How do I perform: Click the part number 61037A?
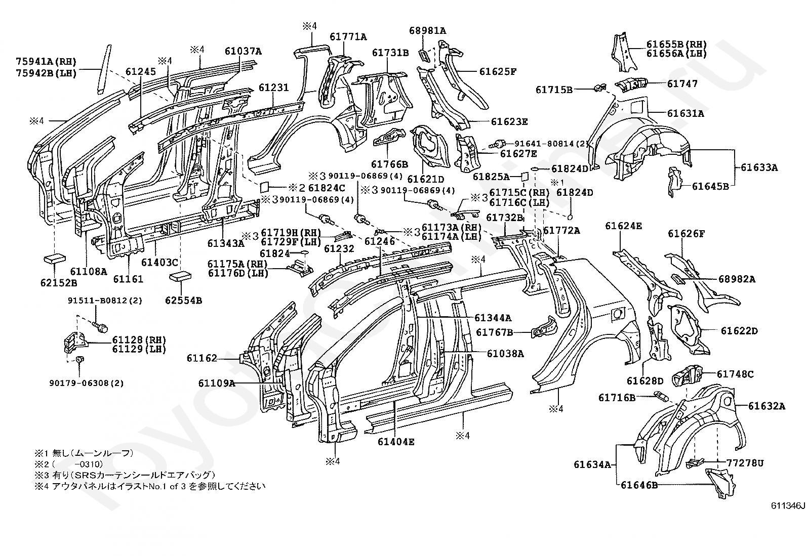click(243, 52)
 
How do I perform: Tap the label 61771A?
click(348, 37)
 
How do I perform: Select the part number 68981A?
click(427, 30)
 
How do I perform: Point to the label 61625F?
click(498, 71)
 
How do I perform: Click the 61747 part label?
click(682, 83)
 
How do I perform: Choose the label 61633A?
click(759, 167)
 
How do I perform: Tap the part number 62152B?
click(59, 283)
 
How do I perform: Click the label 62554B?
click(183, 300)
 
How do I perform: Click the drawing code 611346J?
click(788, 505)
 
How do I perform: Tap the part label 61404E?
click(396, 442)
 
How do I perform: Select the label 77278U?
click(745, 463)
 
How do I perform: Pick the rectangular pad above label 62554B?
click(180, 276)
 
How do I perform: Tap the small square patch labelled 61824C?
click(264, 187)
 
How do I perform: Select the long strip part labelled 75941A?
click(103, 69)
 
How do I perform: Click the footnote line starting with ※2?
click(68, 464)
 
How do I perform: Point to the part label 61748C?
click(735, 374)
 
